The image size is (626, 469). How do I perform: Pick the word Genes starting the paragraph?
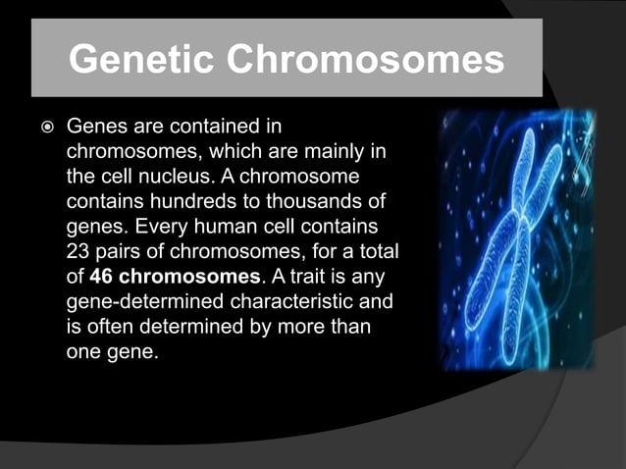point(94,128)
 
